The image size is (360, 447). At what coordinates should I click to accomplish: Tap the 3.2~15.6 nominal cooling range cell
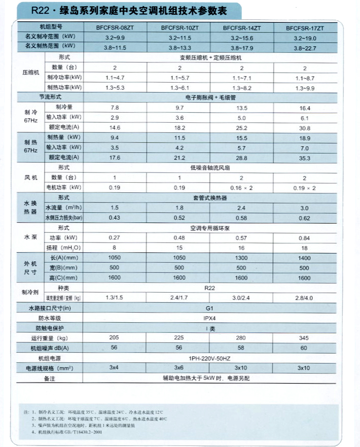pos(242,38)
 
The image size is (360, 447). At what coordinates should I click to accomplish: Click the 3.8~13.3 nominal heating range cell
pos(179,48)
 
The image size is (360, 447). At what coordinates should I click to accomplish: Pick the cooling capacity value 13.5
pos(242,108)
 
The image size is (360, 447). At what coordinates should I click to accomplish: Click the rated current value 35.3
pos(305,157)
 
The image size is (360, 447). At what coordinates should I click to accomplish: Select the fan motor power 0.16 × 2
pos(242,188)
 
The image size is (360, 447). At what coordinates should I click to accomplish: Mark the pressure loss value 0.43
pos(115,218)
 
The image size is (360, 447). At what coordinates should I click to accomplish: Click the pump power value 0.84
pos(305,237)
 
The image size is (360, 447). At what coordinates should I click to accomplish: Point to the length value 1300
pos(242,258)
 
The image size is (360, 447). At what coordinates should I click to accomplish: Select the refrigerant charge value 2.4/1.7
pos(179,297)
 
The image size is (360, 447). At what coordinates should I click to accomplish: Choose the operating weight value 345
pos(305,338)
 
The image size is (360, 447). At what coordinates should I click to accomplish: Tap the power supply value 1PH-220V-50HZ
pos(209,358)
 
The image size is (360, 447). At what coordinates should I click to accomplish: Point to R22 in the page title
pos(39,9)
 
